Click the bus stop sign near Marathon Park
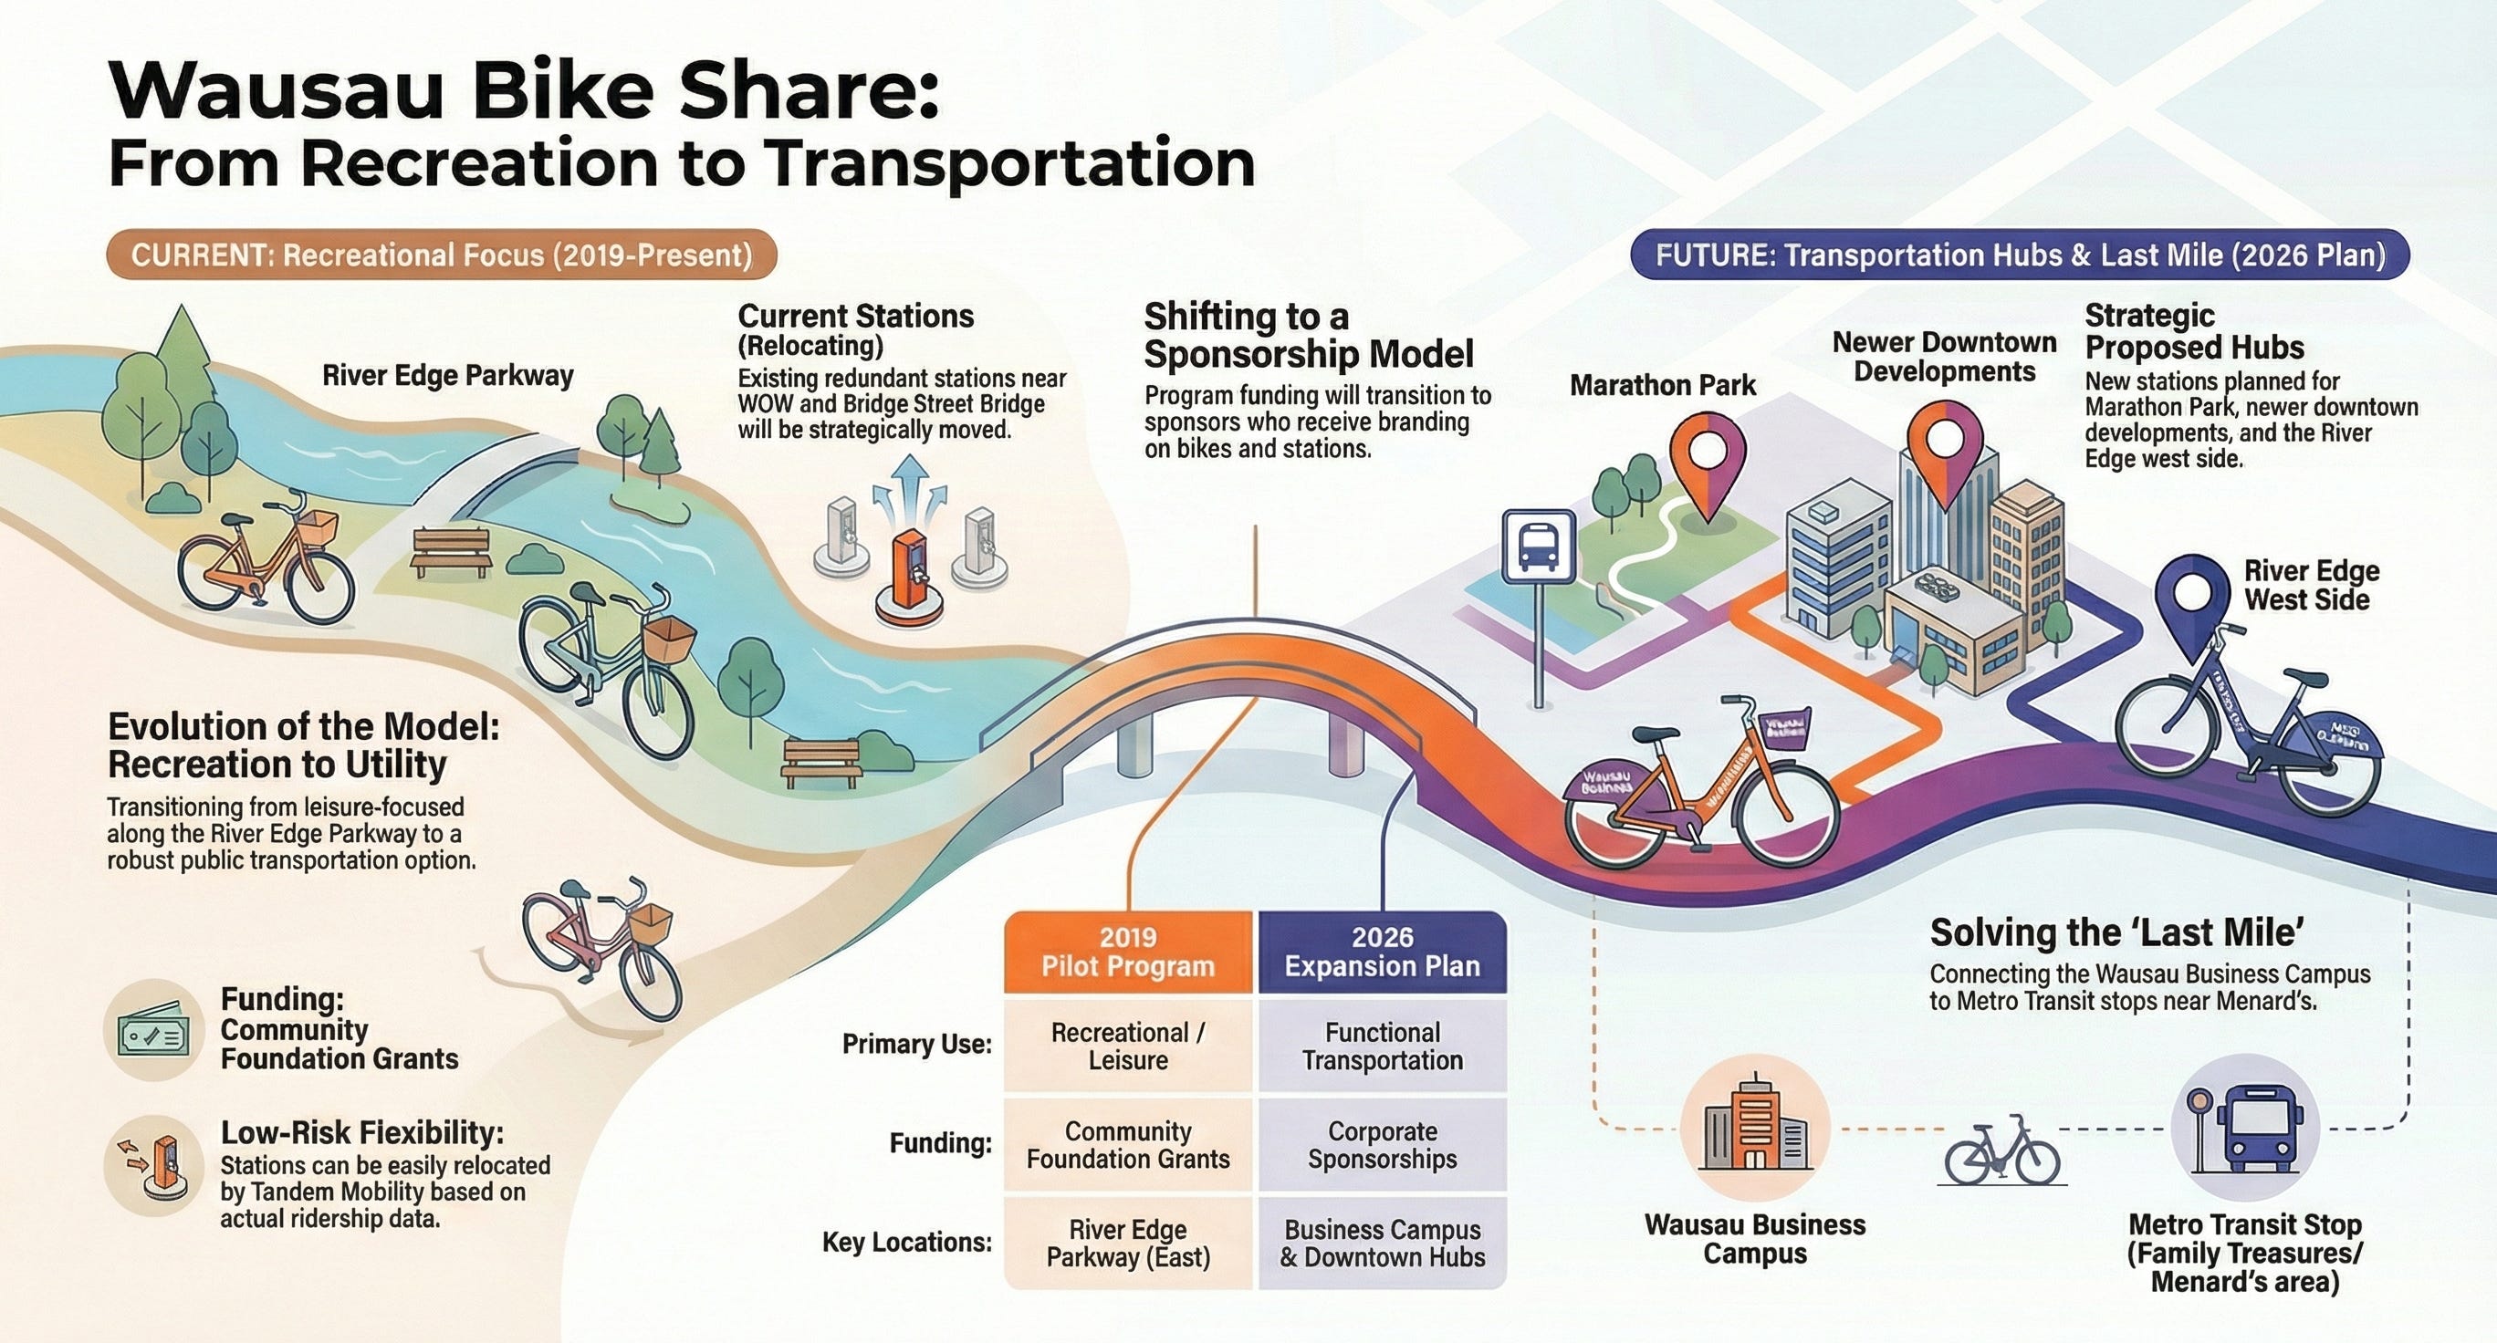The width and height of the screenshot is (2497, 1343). (1538, 547)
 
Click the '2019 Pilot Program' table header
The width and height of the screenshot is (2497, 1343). (1128, 952)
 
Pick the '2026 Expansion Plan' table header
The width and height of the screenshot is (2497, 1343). (1383, 952)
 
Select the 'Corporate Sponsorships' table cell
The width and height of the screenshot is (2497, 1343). (1383, 1144)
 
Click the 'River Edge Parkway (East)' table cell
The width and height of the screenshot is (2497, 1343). (1128, 1244)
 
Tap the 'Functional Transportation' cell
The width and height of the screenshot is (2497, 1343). (1383, 1046)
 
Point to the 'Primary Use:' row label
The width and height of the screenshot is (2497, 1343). (916, 1044)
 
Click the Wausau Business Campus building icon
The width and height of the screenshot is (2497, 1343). (1755, 1129)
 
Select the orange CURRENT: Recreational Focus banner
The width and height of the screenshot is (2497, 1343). (442, 255)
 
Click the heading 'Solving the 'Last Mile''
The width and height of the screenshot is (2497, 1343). (2117, 932)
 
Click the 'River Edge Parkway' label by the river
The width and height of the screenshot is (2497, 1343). (448, 376)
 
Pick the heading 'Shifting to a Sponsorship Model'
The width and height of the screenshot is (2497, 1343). (1309, 335)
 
